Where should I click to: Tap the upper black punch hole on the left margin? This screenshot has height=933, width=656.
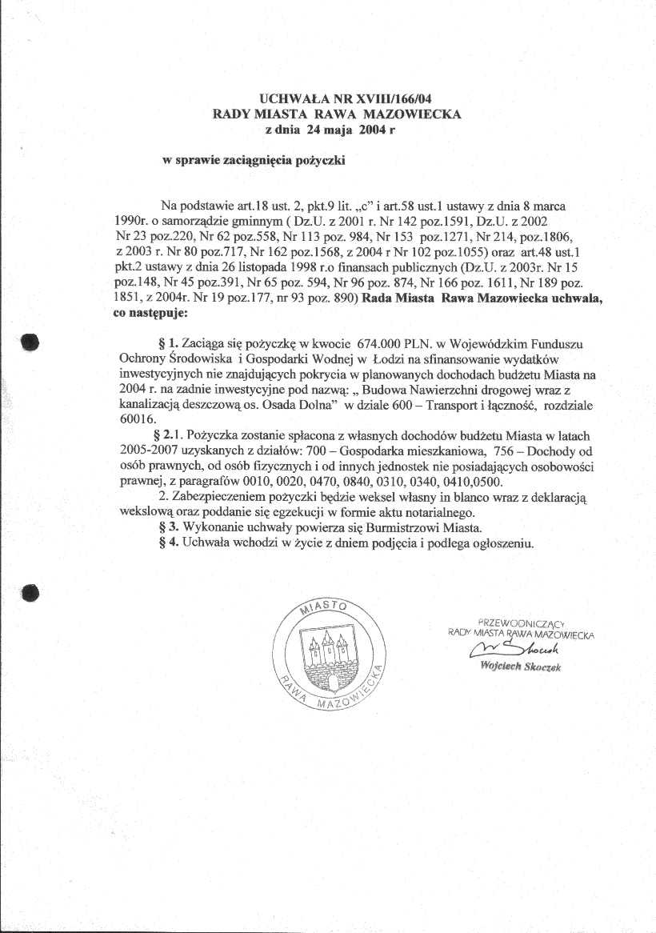30,342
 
